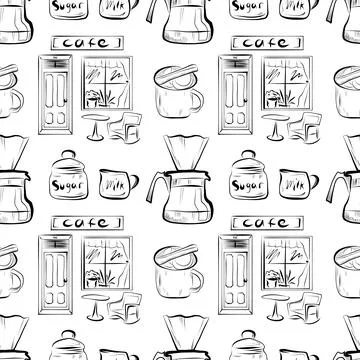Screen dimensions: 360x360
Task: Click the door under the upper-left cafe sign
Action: click(52, 96)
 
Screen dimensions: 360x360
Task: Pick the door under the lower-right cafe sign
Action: click(233, 276)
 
